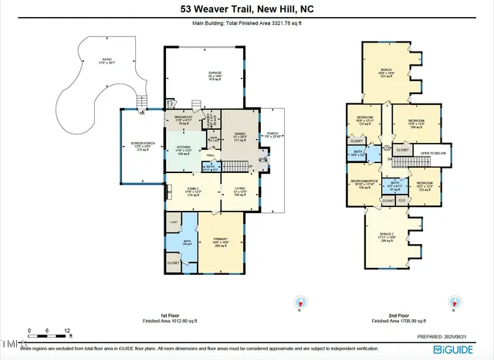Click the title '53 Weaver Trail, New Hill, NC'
pos(246,9)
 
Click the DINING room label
pos(239,134)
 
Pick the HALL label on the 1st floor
pos(210,155)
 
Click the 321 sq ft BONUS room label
pos(386,71)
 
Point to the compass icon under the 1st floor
pos(302,303)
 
